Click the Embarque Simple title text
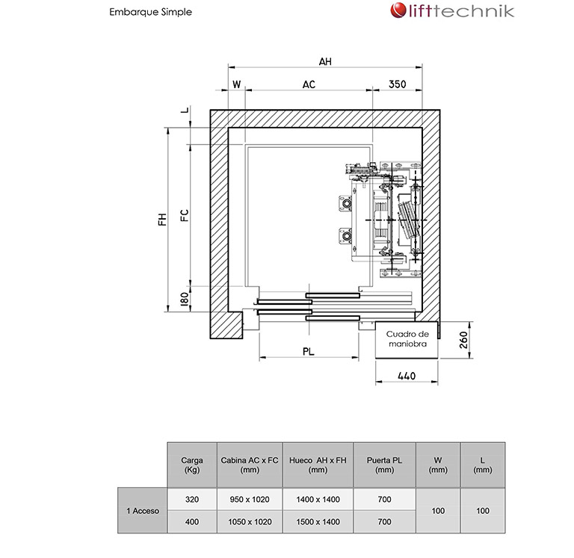coord(150,12)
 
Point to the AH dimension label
coord(324,62)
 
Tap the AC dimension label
coord(309,84)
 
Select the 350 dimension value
coord(397,84)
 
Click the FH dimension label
coord(161,219)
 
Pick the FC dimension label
coord(184,215)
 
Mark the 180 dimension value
coord(184,301)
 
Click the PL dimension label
coord(308,349)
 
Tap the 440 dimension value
coord(406,376)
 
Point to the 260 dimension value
coord(463,340)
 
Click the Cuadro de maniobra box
coord(407,338)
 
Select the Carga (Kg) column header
coord(192,465)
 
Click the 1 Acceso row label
coord(142,510)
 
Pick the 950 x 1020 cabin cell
coord(250,499)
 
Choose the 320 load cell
coord(192,499)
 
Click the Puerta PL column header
coord(385,465)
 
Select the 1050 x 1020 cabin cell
coord(250,521)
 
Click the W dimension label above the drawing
coord(236,84)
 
